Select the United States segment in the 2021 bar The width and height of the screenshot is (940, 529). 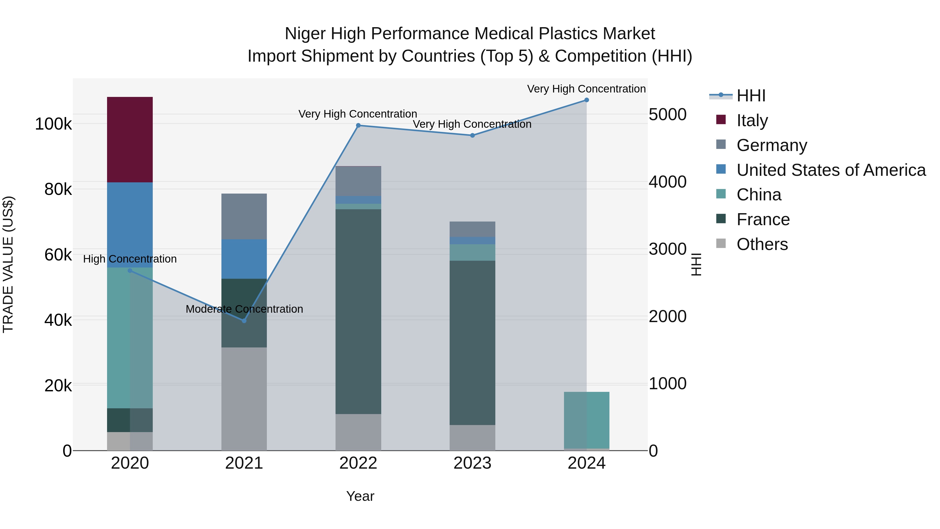click(244, 259)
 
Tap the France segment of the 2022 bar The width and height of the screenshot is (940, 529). click(358, 311)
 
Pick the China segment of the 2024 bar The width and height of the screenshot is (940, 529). click(586, 420)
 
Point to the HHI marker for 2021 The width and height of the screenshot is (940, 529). click(244, 321)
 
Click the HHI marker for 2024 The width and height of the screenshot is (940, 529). click(586, 100)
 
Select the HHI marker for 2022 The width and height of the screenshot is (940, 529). click(358, 126)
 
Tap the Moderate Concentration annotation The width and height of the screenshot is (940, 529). click(244, 309)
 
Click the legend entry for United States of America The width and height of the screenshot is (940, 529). click(831, 170)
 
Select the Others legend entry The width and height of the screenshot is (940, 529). click(762, 244)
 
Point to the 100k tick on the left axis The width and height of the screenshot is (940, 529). click(53, 124)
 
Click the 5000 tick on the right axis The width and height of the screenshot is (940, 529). click(667, 115)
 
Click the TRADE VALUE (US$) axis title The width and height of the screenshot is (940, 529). click(8, 264)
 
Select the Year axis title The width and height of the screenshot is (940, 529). click(360, 496)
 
